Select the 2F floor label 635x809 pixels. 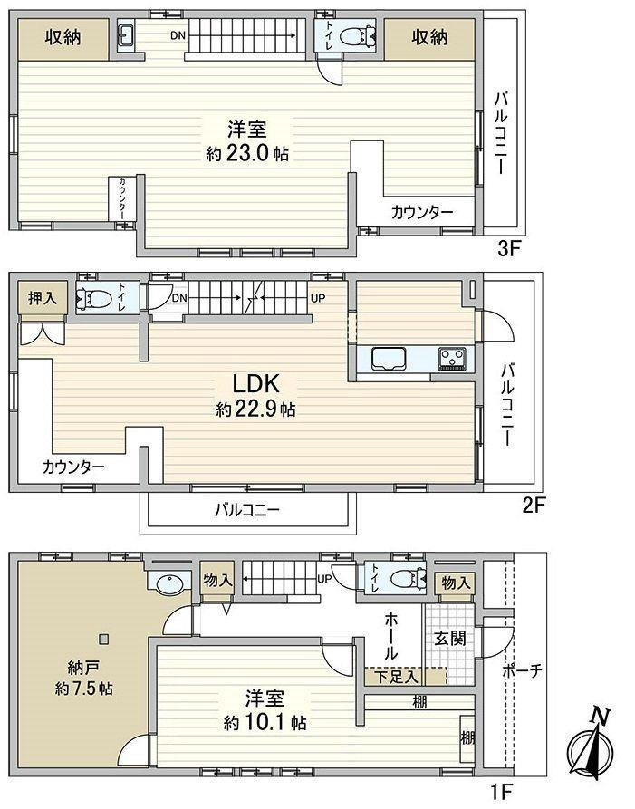pyautogui.click(x=533, y=505)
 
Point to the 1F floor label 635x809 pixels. pyautogui.click(x=500, y=790)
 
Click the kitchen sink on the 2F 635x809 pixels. pyautogui.click(x=389, y=359)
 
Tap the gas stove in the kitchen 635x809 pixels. pyautogui.click(x=452, y=359)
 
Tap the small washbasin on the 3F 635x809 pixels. pyautogui.click(x=127, y=35)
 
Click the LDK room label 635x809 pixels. pyautogui.click(x=255, y=384)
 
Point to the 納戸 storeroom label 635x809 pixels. pyautogui.click(x=83, y=669)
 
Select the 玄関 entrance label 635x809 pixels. pyautogui.click(x=450, y=638)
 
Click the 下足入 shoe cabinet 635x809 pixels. pyautogui.click(x=396, y=677)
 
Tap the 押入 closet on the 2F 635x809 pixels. pyautogui.click(x=43, y=298)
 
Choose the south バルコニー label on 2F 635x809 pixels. pyautogui.click(x=247, y=510)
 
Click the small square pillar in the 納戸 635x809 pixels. pyautogui.click(x=104, y=640)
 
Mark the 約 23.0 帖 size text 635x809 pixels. pyautogui.click(x=247, y=154)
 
